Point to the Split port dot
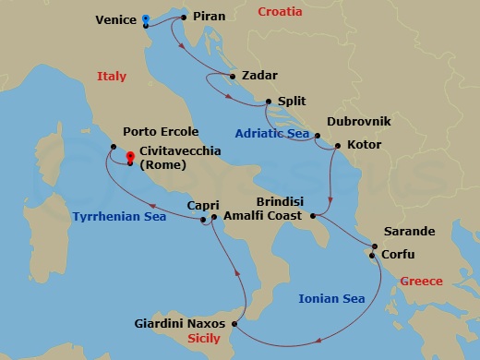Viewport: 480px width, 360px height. tap(269, 102)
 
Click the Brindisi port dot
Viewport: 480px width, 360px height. tap(314, 216)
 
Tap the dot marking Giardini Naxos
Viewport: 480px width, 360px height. tap(236, 323)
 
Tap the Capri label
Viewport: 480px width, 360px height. tap(202, 206)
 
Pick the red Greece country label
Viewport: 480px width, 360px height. tap(421, 281)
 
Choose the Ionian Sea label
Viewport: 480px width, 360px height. tap(330, 297)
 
